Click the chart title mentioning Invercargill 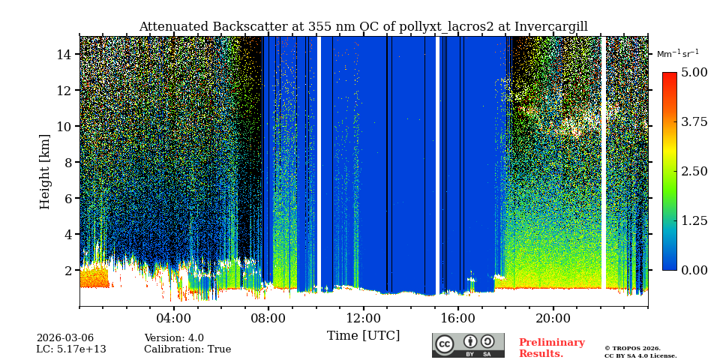click(363, 27)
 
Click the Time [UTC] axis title click(363, 335)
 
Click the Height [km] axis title click(45, 171)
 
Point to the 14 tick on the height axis click(64, 55)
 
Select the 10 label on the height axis click(64, 127)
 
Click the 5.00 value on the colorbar click(694, 73)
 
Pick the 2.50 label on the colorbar click(694, 172)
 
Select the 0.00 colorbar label click(694, 270)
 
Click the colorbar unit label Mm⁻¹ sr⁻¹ click(677, 54)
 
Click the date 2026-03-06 click(65, 338)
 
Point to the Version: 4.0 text click(174, 338)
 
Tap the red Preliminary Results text click(551, 348)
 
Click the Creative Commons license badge click(468, 345)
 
